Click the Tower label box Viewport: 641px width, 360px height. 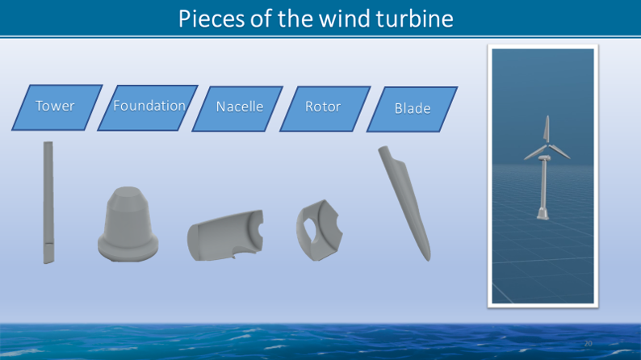pos(57,107)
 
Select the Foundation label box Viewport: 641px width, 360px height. pos(148,108)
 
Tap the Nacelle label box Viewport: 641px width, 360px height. pos(237,109)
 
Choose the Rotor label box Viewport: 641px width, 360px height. pos(325,109)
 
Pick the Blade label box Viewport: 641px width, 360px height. pos(412,109)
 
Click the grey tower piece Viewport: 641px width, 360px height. pos(48,203)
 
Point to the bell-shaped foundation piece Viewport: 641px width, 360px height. pos(128,224)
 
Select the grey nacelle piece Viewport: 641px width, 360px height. pos(225,236)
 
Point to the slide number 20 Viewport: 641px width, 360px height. pos(588,344)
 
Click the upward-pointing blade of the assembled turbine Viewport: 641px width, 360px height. pos(547,129)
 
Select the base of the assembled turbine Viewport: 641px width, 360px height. pos(543,213)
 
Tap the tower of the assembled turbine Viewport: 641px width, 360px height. pos(543,184)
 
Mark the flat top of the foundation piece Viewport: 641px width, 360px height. pos(128,191)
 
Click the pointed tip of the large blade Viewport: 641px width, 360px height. pos(428,259)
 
